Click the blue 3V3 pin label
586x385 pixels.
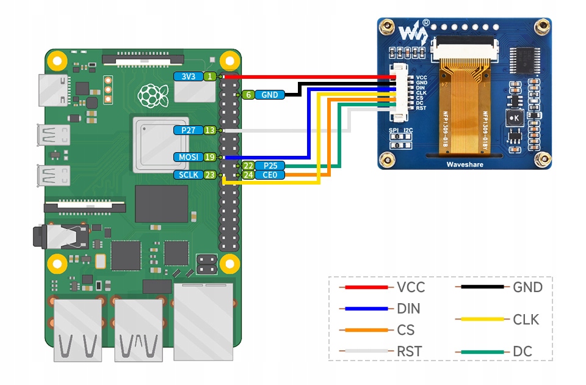189,76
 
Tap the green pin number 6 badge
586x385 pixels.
248,95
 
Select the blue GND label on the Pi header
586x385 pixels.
269,95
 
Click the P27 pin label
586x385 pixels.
189,130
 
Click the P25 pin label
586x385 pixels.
269,166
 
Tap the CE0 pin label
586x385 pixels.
269,175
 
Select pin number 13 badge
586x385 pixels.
209,130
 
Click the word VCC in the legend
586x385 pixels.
410,287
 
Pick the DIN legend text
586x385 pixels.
408,309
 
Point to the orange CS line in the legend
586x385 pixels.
366,330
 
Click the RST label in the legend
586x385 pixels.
409,351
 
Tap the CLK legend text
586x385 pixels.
526,319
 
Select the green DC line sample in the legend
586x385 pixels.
483,351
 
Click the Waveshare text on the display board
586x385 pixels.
465,164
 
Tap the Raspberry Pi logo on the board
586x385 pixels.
153,95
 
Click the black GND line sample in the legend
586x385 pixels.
483,287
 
